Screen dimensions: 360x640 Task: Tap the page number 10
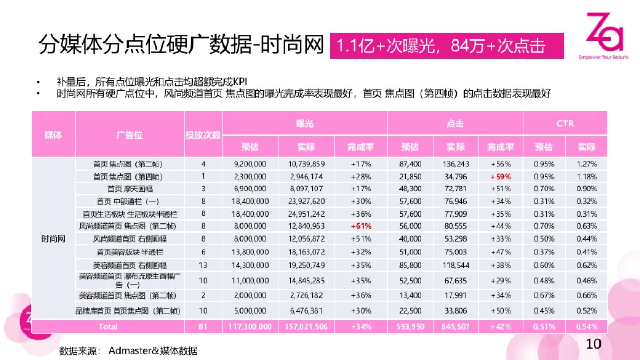[594, 344]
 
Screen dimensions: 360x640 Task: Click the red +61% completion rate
[361, 226]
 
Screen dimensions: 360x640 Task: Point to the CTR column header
[565, 123]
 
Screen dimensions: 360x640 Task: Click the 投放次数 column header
[203, 134]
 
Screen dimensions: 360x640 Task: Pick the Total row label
[108, 326]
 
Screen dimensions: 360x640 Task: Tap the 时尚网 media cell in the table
[53, 238]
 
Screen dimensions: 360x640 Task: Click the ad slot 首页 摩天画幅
[130, 189]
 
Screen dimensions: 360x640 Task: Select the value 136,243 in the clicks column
[455, 164]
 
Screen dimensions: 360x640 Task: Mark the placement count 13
[203, 265]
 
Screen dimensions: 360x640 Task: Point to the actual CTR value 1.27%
[587, 164]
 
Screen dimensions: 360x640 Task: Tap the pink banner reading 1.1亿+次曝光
[446, 46]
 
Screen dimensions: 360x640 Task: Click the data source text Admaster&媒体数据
[153, 350]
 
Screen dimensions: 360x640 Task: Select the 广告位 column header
[130, 134]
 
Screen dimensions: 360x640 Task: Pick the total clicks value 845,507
[455, 326]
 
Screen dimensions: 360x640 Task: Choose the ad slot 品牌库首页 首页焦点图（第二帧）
[130, 311]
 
